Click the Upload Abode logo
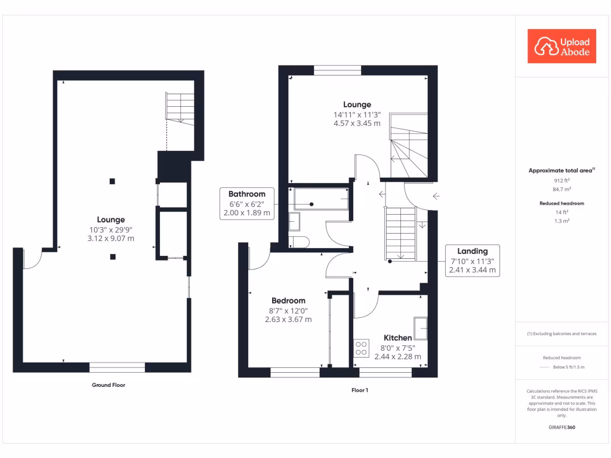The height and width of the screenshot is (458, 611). pos(561,46)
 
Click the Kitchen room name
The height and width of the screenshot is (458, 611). pos(397,338)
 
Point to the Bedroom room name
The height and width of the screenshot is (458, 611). pos(288,301)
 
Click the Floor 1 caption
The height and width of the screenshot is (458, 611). pos(360,390)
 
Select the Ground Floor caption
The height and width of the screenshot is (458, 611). pos(109,385)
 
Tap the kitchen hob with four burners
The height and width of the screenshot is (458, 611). pos(361,348)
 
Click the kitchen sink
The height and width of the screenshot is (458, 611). pos(421,327)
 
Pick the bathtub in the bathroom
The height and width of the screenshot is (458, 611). pos(321,199)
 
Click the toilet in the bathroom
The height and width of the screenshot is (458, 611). pos(298,241)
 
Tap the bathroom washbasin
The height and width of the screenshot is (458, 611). pos(295,222)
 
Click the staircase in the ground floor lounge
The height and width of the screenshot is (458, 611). pos(180,107)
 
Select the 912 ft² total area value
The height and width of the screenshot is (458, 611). pos(561,180)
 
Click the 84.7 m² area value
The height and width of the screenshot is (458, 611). pos(561,189)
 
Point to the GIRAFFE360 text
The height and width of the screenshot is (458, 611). pos(561,428)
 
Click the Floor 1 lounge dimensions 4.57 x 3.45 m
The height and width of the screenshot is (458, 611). pos(357,123)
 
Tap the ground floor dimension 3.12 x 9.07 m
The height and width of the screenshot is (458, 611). pos(112,238)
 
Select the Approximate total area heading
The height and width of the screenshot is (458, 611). pos(561,171)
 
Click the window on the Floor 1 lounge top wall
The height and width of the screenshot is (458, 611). pos(338,70)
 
